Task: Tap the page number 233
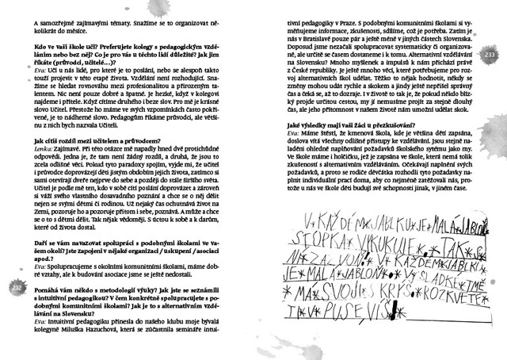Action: (488, 53)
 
